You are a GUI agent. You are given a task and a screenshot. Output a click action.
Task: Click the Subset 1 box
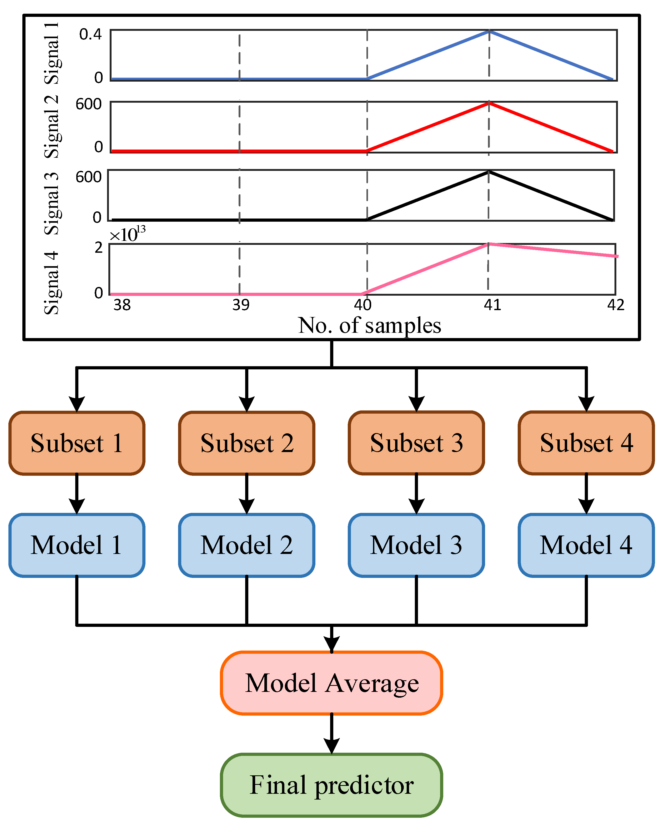(x=77, y=443)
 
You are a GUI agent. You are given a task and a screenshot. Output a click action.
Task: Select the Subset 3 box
(x=416, y=443)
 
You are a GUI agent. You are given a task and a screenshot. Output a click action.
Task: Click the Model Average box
(x=331, y=683)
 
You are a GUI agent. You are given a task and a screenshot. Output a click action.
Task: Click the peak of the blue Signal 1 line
(x=489, y=32)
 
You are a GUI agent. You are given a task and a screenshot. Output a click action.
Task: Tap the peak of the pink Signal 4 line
(x=488, y=244)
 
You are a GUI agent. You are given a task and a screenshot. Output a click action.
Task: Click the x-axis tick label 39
(x=241, y=305)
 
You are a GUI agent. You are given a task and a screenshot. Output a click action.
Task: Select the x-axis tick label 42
(x=616, y=305)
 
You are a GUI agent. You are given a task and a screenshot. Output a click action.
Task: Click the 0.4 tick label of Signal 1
(x=90, y=34)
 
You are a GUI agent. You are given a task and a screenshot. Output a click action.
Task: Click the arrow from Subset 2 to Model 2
(x=246, y=493)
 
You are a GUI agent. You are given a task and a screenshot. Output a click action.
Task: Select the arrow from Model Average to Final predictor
(x=331, y=733)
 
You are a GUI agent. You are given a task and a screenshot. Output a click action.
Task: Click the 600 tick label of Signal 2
(x=88, y=105)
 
